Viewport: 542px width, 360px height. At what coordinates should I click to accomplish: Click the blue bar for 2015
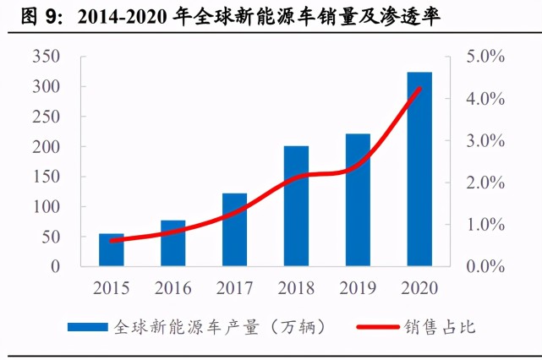coord(112,250)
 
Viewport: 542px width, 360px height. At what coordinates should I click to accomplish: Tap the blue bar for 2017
coord(234,230)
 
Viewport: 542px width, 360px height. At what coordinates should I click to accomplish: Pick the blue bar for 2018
coord(296,206)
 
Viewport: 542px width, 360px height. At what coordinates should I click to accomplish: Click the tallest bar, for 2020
coord(419,169)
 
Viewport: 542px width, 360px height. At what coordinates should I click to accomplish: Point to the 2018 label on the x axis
coord(296,287)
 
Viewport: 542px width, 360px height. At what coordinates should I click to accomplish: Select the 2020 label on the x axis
coord(419,287)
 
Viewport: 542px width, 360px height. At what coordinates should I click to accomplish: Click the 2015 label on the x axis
coord(112,287)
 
